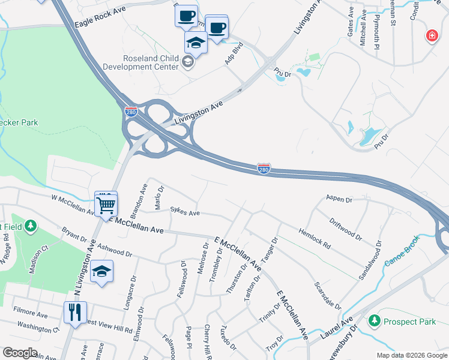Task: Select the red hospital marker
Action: click(431, 37)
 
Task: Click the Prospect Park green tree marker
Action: click(375, 322)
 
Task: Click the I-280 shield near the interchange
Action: click(131, 112)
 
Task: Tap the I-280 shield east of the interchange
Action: click(264, 169)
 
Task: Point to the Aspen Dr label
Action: click(338, 198)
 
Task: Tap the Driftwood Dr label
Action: click(346, 229)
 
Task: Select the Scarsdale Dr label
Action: click(328, 295)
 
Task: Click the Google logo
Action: click(20, 352)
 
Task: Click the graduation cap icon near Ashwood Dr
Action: click(103, 271)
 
